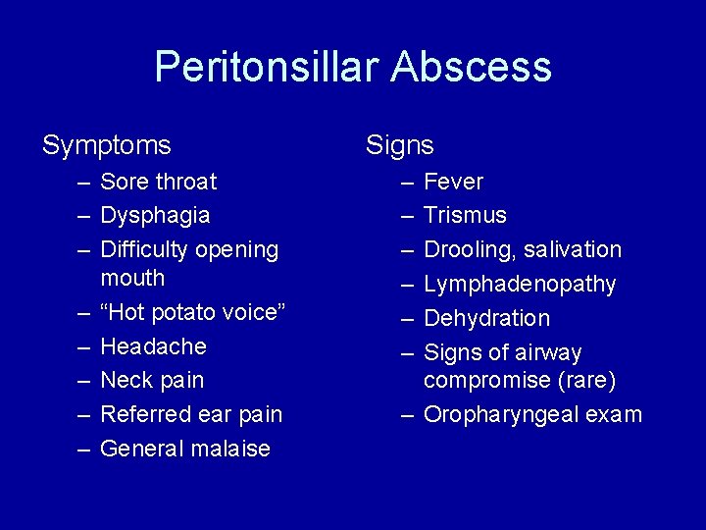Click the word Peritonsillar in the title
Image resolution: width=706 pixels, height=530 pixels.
click(266, 68)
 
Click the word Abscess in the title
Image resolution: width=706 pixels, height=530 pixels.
click(471, 68)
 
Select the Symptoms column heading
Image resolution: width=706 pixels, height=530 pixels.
click(106, 146)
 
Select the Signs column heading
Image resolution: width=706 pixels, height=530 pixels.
click(399, 146)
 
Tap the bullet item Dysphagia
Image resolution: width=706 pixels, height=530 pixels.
click(155, 216)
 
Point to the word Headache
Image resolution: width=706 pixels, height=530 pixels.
click(153, 346)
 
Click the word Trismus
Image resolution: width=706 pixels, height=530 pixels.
click(465, 215)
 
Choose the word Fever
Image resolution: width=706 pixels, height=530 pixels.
click(453, 182)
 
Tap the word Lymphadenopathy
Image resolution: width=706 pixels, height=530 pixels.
click(520, 285)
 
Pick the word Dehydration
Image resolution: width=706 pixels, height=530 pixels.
click(486, 318)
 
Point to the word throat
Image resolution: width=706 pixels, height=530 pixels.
click(185, 182)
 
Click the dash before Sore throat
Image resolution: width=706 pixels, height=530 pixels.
click(84, 182)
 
